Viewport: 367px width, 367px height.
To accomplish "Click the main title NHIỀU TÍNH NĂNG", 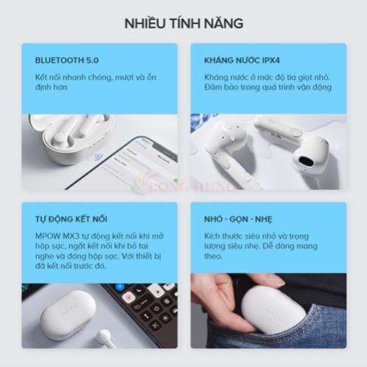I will pos(183,24).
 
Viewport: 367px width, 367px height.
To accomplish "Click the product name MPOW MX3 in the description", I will pos(53,235).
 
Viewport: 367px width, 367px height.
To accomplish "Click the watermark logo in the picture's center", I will pos(183,183).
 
